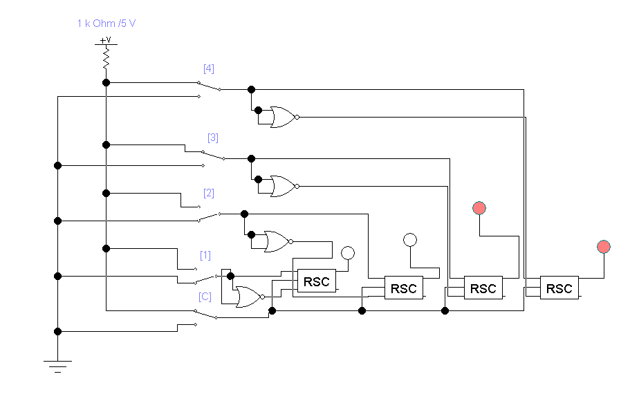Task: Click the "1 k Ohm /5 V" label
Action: coord(106,24)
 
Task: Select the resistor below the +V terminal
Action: coord(106,57)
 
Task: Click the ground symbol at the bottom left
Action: coord(57,365)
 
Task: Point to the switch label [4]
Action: coord(208,68)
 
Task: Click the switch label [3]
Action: coord(213,138)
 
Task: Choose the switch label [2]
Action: coord(208,193)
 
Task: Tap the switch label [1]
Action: coord(205,255)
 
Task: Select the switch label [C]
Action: coord(205,297)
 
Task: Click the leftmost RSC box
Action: coord(317,281)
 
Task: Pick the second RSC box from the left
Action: coord(404,288)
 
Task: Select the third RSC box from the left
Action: coord(483,288)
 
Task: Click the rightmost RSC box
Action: coord(559,288)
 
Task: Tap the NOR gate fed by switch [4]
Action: coord(283,117)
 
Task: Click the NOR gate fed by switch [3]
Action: coord(283,186)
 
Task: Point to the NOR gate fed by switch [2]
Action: coord(276,241)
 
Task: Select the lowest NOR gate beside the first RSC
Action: coord(248,297)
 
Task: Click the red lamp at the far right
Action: coord(604,247)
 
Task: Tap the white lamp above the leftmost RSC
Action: coord(348,253)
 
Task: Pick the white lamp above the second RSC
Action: coord(410,240)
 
